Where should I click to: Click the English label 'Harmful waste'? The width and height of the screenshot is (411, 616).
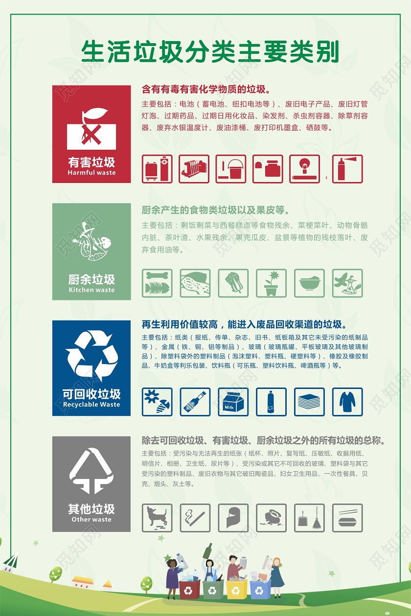[91, 173]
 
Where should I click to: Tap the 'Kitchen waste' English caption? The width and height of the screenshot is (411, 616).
[91, 290]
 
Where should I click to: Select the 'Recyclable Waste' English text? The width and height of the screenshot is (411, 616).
[91, 405]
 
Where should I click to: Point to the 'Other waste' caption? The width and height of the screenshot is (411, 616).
[91, 519]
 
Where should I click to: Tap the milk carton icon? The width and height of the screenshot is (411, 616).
[233, 402]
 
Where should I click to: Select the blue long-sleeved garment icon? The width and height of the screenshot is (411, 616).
[347, 402]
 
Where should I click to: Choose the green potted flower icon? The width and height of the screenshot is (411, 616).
[271, 283]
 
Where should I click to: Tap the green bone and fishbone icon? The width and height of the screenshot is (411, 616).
[157, 283]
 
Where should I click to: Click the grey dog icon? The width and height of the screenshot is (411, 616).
[157, 518]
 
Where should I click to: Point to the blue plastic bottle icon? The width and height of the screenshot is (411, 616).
[271, 402]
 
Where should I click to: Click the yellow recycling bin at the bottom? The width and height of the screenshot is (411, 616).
[236, 590]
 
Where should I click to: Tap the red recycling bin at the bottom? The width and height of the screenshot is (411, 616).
[188, 590]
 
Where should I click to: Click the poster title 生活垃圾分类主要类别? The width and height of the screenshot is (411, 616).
[210, 52]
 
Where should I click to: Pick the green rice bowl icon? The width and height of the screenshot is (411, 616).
[309, 283]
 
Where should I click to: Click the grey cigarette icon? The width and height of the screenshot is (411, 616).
[195, 518]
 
